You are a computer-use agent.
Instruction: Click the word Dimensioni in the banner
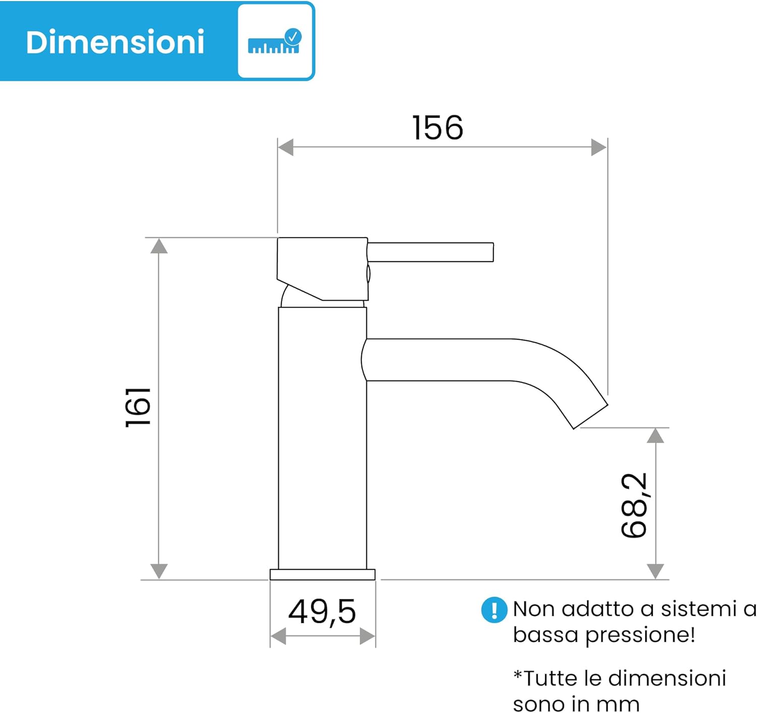point(115,42)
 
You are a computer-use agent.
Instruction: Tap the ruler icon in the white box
point(274,41)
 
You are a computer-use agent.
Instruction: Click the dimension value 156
point(438,128)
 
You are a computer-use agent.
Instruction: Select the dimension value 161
point(138,407)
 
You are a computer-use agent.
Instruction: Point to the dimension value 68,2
point(634,505)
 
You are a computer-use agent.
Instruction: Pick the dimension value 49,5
point(322,613)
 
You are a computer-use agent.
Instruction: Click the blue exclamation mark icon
point(495,610)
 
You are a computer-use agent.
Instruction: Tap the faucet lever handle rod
point(430,252)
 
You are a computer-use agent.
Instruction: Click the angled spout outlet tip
point(590,416)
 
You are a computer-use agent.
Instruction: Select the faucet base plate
point(322,575)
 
